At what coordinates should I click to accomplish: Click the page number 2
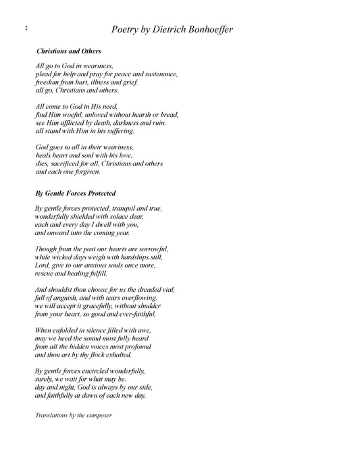24,28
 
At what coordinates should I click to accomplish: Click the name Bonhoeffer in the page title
205,30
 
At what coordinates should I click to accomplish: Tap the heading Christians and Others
68,51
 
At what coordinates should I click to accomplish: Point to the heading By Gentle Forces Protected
76,192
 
